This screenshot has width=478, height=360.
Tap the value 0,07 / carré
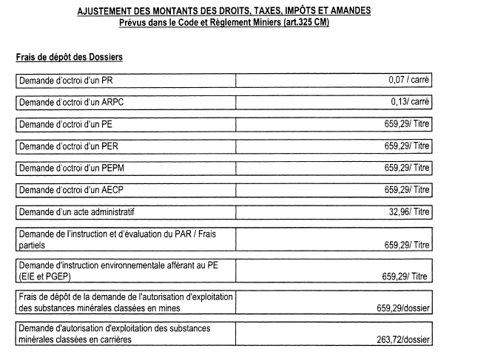409,79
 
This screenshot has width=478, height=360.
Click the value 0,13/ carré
410,102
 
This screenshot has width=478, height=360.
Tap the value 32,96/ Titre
405,213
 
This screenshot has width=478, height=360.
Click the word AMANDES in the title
344,12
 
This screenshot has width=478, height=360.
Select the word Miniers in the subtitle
252,22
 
